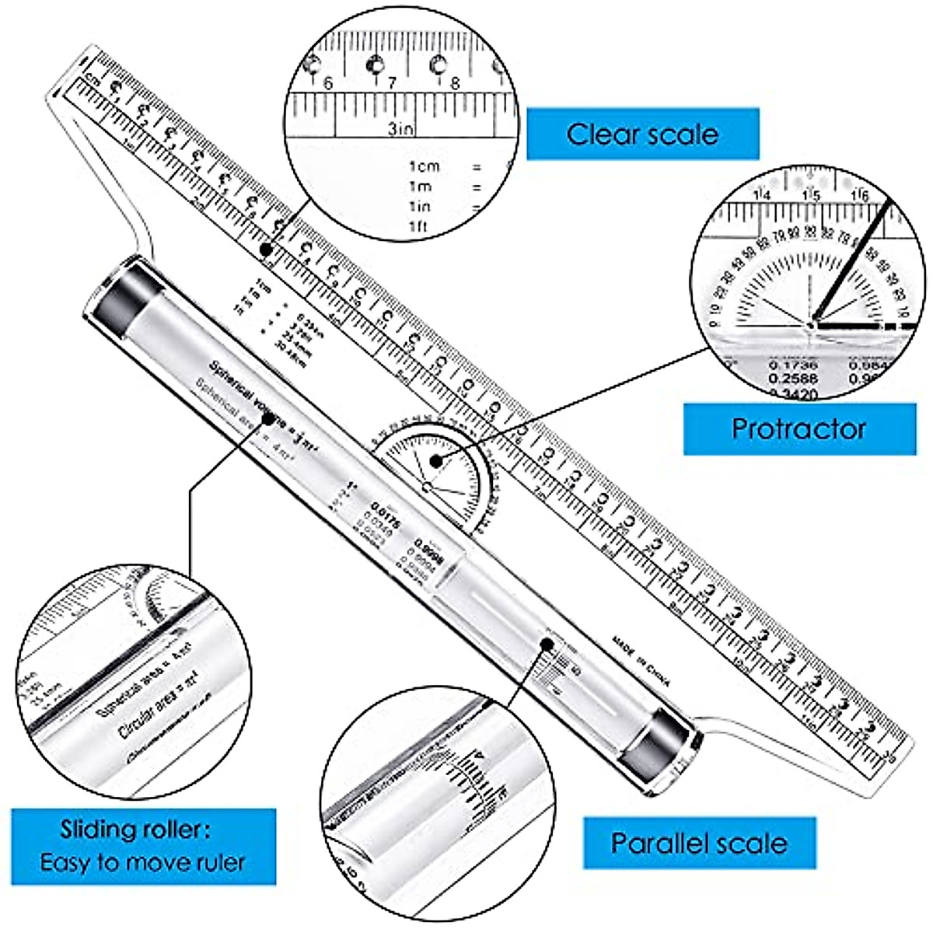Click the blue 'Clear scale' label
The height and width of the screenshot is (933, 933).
[x=642, y=134]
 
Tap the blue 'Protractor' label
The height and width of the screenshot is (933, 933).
[x=798, y=428]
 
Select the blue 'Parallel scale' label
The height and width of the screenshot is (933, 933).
[x=699, y=843]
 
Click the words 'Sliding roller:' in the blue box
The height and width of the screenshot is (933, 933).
[x=135, y=830]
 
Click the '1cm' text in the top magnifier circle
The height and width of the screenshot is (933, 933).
[x=425, y=166]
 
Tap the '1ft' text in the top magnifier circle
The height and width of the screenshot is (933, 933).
[x=419, y=226]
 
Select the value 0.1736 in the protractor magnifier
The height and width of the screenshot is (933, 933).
[x=791, y=364]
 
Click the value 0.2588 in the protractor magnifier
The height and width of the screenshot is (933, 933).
[x=791, y=378]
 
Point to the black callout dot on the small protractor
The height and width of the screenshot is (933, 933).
[x=437, y=461]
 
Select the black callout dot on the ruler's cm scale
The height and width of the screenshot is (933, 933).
[x=266, y=250]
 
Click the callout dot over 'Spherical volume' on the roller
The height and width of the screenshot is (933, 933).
[x=268, y=418]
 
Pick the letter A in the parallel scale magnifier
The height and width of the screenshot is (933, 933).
[x=480, y=753]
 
